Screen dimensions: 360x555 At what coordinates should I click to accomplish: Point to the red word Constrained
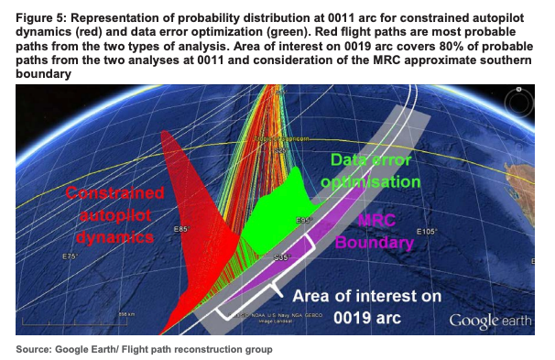point(114,194)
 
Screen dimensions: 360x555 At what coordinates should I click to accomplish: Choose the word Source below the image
point(36,349)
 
